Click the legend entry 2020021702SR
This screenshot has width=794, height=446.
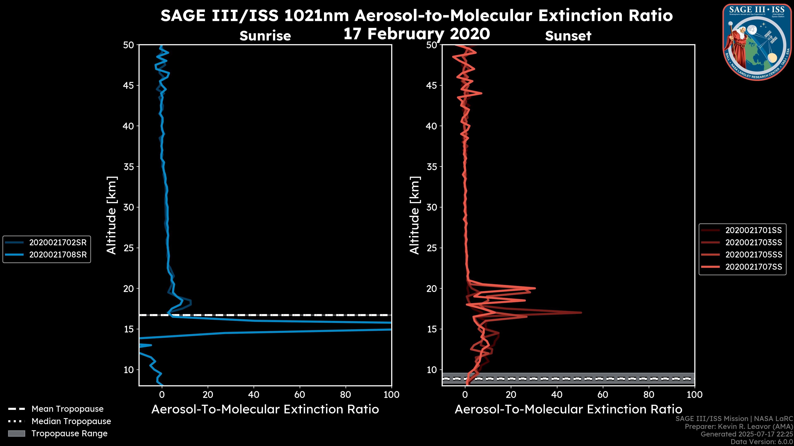point(58,243)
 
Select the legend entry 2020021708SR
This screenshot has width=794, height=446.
point(58,255)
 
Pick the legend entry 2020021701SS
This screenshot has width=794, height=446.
point(753,230)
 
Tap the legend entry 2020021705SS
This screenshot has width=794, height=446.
point(753,255)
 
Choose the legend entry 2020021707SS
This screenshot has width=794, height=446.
point(753,267)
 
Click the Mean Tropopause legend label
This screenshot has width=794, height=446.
point(67,409)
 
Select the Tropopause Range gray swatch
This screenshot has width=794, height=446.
point(17,433)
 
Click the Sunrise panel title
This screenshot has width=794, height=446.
point(265,36)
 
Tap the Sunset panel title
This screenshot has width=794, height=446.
point(568,36)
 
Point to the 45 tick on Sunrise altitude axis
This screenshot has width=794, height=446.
point(129,85)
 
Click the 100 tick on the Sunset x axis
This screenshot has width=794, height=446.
point(695,395)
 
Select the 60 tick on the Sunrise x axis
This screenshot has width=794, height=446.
point(300,395)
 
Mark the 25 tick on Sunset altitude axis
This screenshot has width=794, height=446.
point(432,248)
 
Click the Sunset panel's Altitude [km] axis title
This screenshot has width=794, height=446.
point(415,215)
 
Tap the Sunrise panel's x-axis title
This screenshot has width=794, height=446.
point(265,409)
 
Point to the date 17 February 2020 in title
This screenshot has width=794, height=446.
point(417,34)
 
